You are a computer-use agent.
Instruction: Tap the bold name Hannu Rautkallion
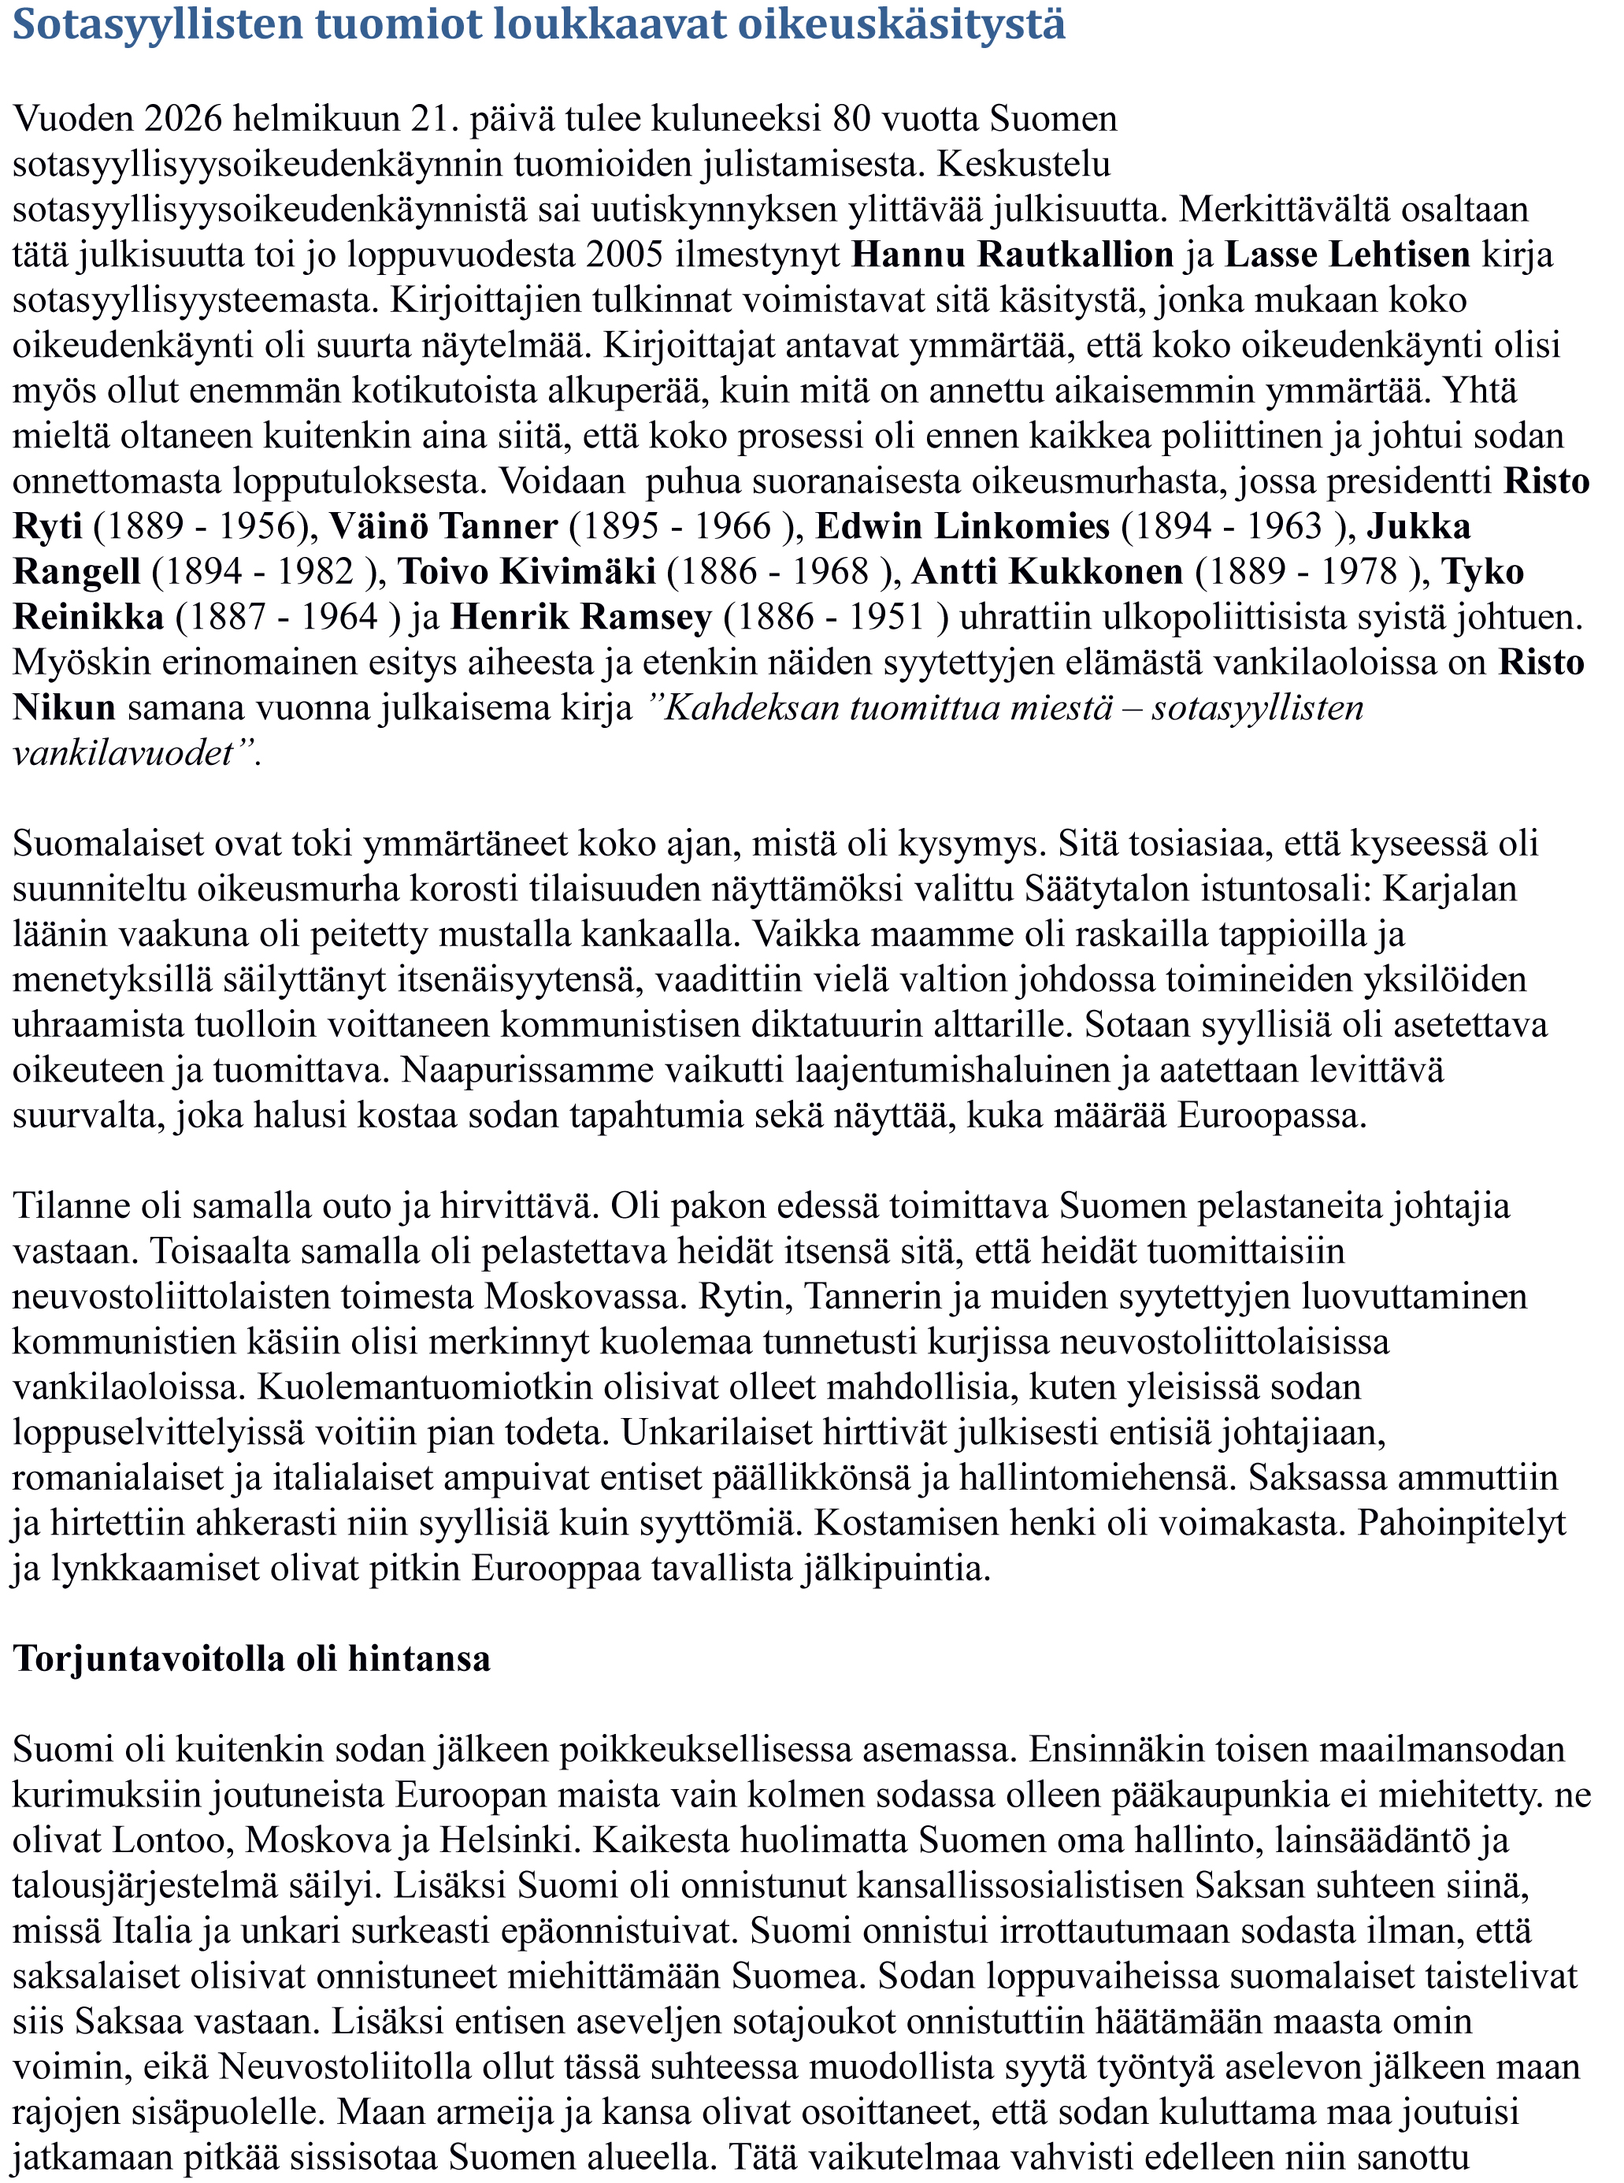click(x=1013, y=254)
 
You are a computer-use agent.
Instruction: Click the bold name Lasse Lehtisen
click(x=1347, y=254)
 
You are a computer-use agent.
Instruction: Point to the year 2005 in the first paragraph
click(x=625, y=254)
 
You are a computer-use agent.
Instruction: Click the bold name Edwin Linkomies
click(x=962, y=526)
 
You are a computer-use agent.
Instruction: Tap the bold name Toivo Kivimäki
click(x=527, y=571)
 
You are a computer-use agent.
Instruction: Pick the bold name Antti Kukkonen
click(x=1048, y=571)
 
